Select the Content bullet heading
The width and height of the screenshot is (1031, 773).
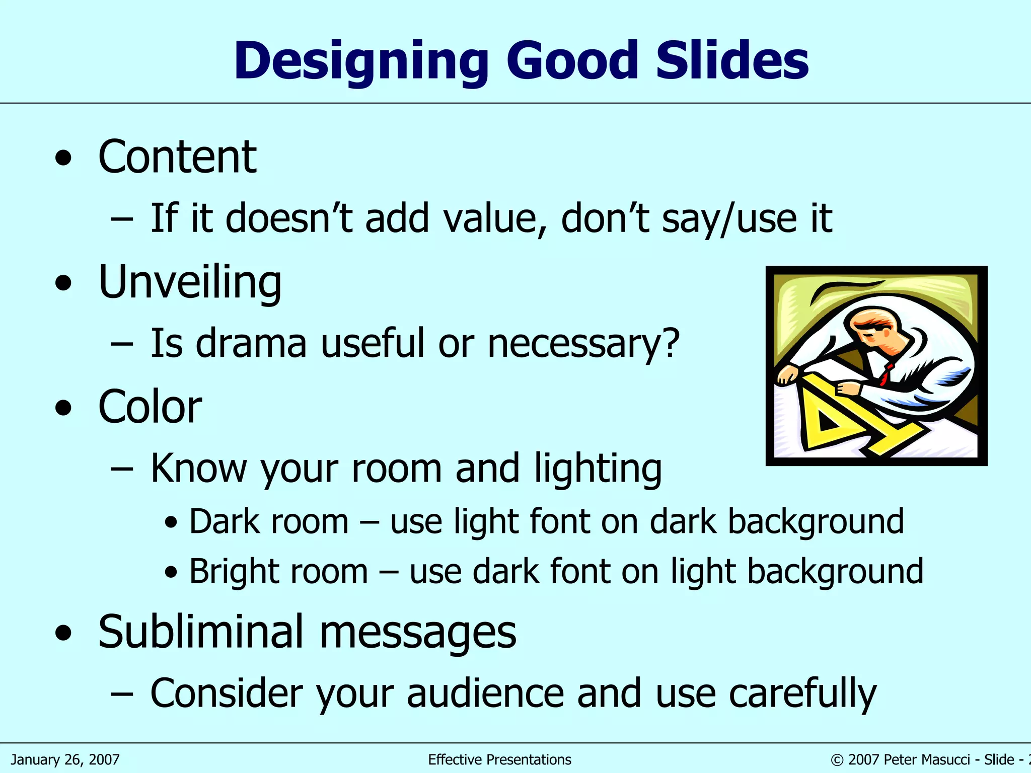[177, 157]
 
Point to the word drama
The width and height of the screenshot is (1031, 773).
[251, 344]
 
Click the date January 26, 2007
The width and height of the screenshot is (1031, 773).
[65, 759]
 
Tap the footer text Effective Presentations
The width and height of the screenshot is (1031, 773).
[499, 759]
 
